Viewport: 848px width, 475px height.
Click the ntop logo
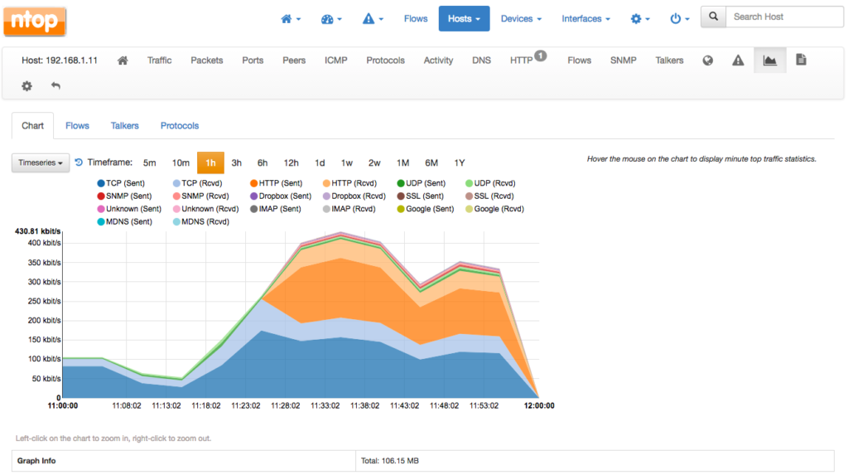pos(35,20)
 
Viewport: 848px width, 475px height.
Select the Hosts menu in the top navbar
pos(464,18)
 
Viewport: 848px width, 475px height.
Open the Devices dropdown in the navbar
pos(521,18)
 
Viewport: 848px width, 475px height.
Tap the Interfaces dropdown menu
pos(585,18)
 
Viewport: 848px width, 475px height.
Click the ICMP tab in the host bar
pos(336,61)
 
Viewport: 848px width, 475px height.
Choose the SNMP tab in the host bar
pos(624,61)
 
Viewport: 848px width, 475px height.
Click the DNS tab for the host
pos(481,61)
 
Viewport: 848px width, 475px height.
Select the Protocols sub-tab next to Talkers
pos(180,126)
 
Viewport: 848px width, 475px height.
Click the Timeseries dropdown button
pos(41,163)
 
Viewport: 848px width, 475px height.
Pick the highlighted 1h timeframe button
pos(210,163)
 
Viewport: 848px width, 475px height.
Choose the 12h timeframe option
pos(291,163)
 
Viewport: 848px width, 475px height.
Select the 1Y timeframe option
pos(459,163)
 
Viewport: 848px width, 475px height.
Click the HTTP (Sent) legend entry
pos(282,183)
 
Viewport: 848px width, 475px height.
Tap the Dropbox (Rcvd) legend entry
pos(358,196)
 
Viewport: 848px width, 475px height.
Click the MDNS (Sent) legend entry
pos(129,221)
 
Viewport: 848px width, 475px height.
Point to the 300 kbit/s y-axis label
pos(45,282)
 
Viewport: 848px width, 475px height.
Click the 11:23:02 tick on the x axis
pos(245,406)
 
